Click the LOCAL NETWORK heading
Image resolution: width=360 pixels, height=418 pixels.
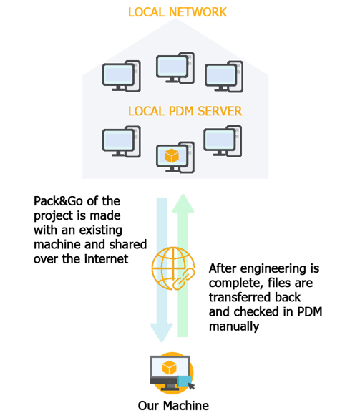pyautogui.click(x=177, y=12)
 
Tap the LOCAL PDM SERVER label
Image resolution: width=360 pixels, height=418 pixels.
pyautogui.click(x=185, y=111)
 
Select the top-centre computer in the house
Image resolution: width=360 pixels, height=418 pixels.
pyautogui.click(x=175, y=68)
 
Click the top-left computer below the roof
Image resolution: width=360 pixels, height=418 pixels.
pyautogui.click(x=122, y=76)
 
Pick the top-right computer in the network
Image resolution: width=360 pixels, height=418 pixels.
pyautogui.click(x=224, y=77)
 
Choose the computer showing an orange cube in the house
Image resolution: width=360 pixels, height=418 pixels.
pyautogui.click(x=175, y=157)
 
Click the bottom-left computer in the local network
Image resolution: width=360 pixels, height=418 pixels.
pyautogui.click(x=122, y=142)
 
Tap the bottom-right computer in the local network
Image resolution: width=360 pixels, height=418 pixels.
pyautogui.click(x=223, y=141)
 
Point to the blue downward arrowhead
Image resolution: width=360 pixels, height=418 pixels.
pyautogui.click(x=162, y=332)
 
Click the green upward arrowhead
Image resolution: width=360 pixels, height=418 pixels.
pyautogui.click(x=183, y=203)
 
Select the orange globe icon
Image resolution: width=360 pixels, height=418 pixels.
pyautogui.click(x=172, y=268)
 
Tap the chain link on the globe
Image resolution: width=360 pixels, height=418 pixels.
pyautogui.click(x=184, y=279)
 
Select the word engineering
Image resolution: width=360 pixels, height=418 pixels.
pyautogui.click(x=273, y=269)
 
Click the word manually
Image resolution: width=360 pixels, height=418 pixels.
pyautogui.click(x=234, y=326)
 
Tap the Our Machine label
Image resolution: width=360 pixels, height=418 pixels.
pyautogui.click(x=173, y=406)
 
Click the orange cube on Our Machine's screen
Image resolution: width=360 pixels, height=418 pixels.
pyautogui.click(x=170, y=367)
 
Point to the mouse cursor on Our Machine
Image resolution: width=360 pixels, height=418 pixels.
pyautogui.click(x=191, y=386)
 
